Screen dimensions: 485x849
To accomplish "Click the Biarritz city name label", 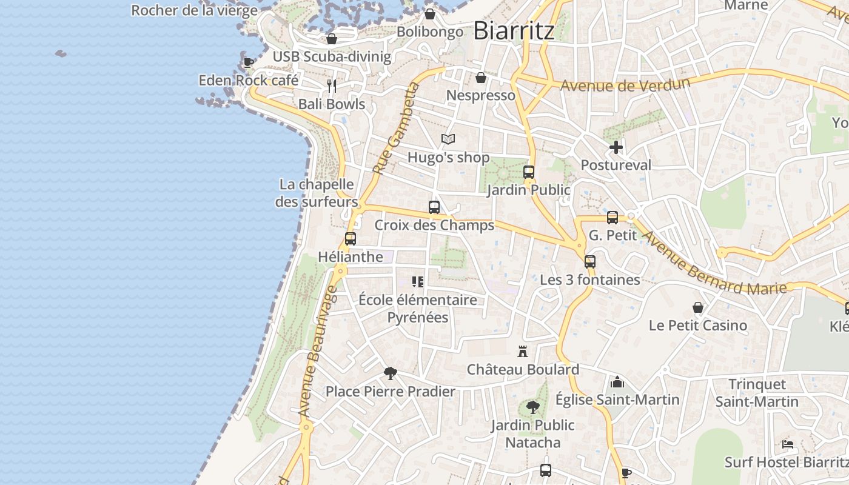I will tap(513, 30).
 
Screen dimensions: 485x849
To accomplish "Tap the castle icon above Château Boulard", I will tap(523, 352).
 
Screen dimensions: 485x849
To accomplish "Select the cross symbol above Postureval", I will tap(616, 147).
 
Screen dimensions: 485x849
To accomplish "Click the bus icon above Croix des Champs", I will tap(434, 207).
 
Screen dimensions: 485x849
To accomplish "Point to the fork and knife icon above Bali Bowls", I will tap(332, 86).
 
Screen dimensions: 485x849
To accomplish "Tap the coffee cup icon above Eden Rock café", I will tap(248, 62).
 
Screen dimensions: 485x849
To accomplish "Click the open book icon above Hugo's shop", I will tap(448, 139).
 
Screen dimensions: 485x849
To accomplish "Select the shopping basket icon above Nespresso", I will tap(481, 78).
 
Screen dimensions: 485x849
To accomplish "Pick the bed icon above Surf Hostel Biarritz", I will tap(788, 444).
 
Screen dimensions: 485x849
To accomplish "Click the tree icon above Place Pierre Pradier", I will tap(391, 373).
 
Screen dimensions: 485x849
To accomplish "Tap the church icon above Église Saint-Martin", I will tap(617, 382).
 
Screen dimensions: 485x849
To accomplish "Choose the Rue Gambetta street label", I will tap(397, 129).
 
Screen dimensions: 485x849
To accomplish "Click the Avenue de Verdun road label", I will tap(625, 84).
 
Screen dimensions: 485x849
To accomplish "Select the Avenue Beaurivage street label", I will tap(318, 352).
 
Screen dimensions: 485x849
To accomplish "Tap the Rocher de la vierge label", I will tap(194, 10).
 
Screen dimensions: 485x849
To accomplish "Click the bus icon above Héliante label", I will tap(351, 239).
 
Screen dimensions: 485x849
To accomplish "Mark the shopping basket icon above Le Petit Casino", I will tap(698, 308).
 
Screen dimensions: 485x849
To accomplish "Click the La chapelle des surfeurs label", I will tap(317, 193).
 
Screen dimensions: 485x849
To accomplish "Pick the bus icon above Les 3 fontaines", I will tap(590, 262).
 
